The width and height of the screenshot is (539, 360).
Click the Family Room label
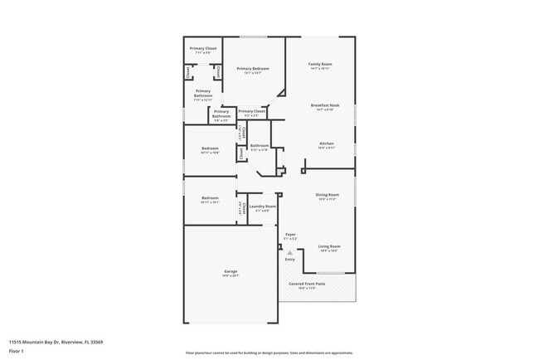320,65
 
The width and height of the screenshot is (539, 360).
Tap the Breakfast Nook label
323,105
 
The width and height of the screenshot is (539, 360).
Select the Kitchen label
327,144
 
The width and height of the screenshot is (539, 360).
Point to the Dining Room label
327,196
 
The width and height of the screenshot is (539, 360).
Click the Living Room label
329,246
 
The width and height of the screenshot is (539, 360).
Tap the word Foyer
291,235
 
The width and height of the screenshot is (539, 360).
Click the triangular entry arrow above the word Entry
290,252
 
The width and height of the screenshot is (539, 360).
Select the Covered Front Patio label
307,284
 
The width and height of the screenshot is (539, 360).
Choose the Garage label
231,272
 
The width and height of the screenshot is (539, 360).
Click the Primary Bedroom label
254,69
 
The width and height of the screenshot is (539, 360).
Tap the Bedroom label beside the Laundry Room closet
210,198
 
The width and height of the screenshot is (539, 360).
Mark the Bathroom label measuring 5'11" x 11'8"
260,146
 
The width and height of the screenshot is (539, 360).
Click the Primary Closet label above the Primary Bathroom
202,49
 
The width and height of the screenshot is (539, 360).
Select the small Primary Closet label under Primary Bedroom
252,111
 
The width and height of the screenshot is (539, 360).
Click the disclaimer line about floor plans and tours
269,352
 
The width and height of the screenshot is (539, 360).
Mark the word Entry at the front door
290,260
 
